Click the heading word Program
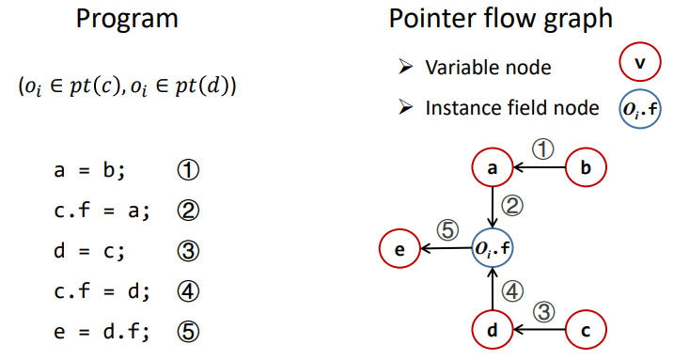(x=127, y=20)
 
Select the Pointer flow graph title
(x=500, y=20)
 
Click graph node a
(x=493, y=167)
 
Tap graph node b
(x=586, y=167)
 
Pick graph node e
(x=400, y=248)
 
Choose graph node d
(x=493, y=330)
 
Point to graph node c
(x=586, y=330)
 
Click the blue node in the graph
(x=493, y=248)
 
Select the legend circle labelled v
(x=640, y=62)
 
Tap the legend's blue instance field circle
(x=640, y=109)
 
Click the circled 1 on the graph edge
(x=543, y=149)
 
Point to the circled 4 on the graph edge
(x=512, y=291)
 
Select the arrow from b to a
(x=539, y=167)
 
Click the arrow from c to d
(x=539, y=330)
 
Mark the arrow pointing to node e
(x=447, y=248)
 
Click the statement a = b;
(x=89, y=170)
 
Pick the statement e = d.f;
(x=102, y=332)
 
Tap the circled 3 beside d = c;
(x=188, y=251)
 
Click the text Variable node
(x=488, y=68)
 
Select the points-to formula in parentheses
(x=127, y=86)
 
